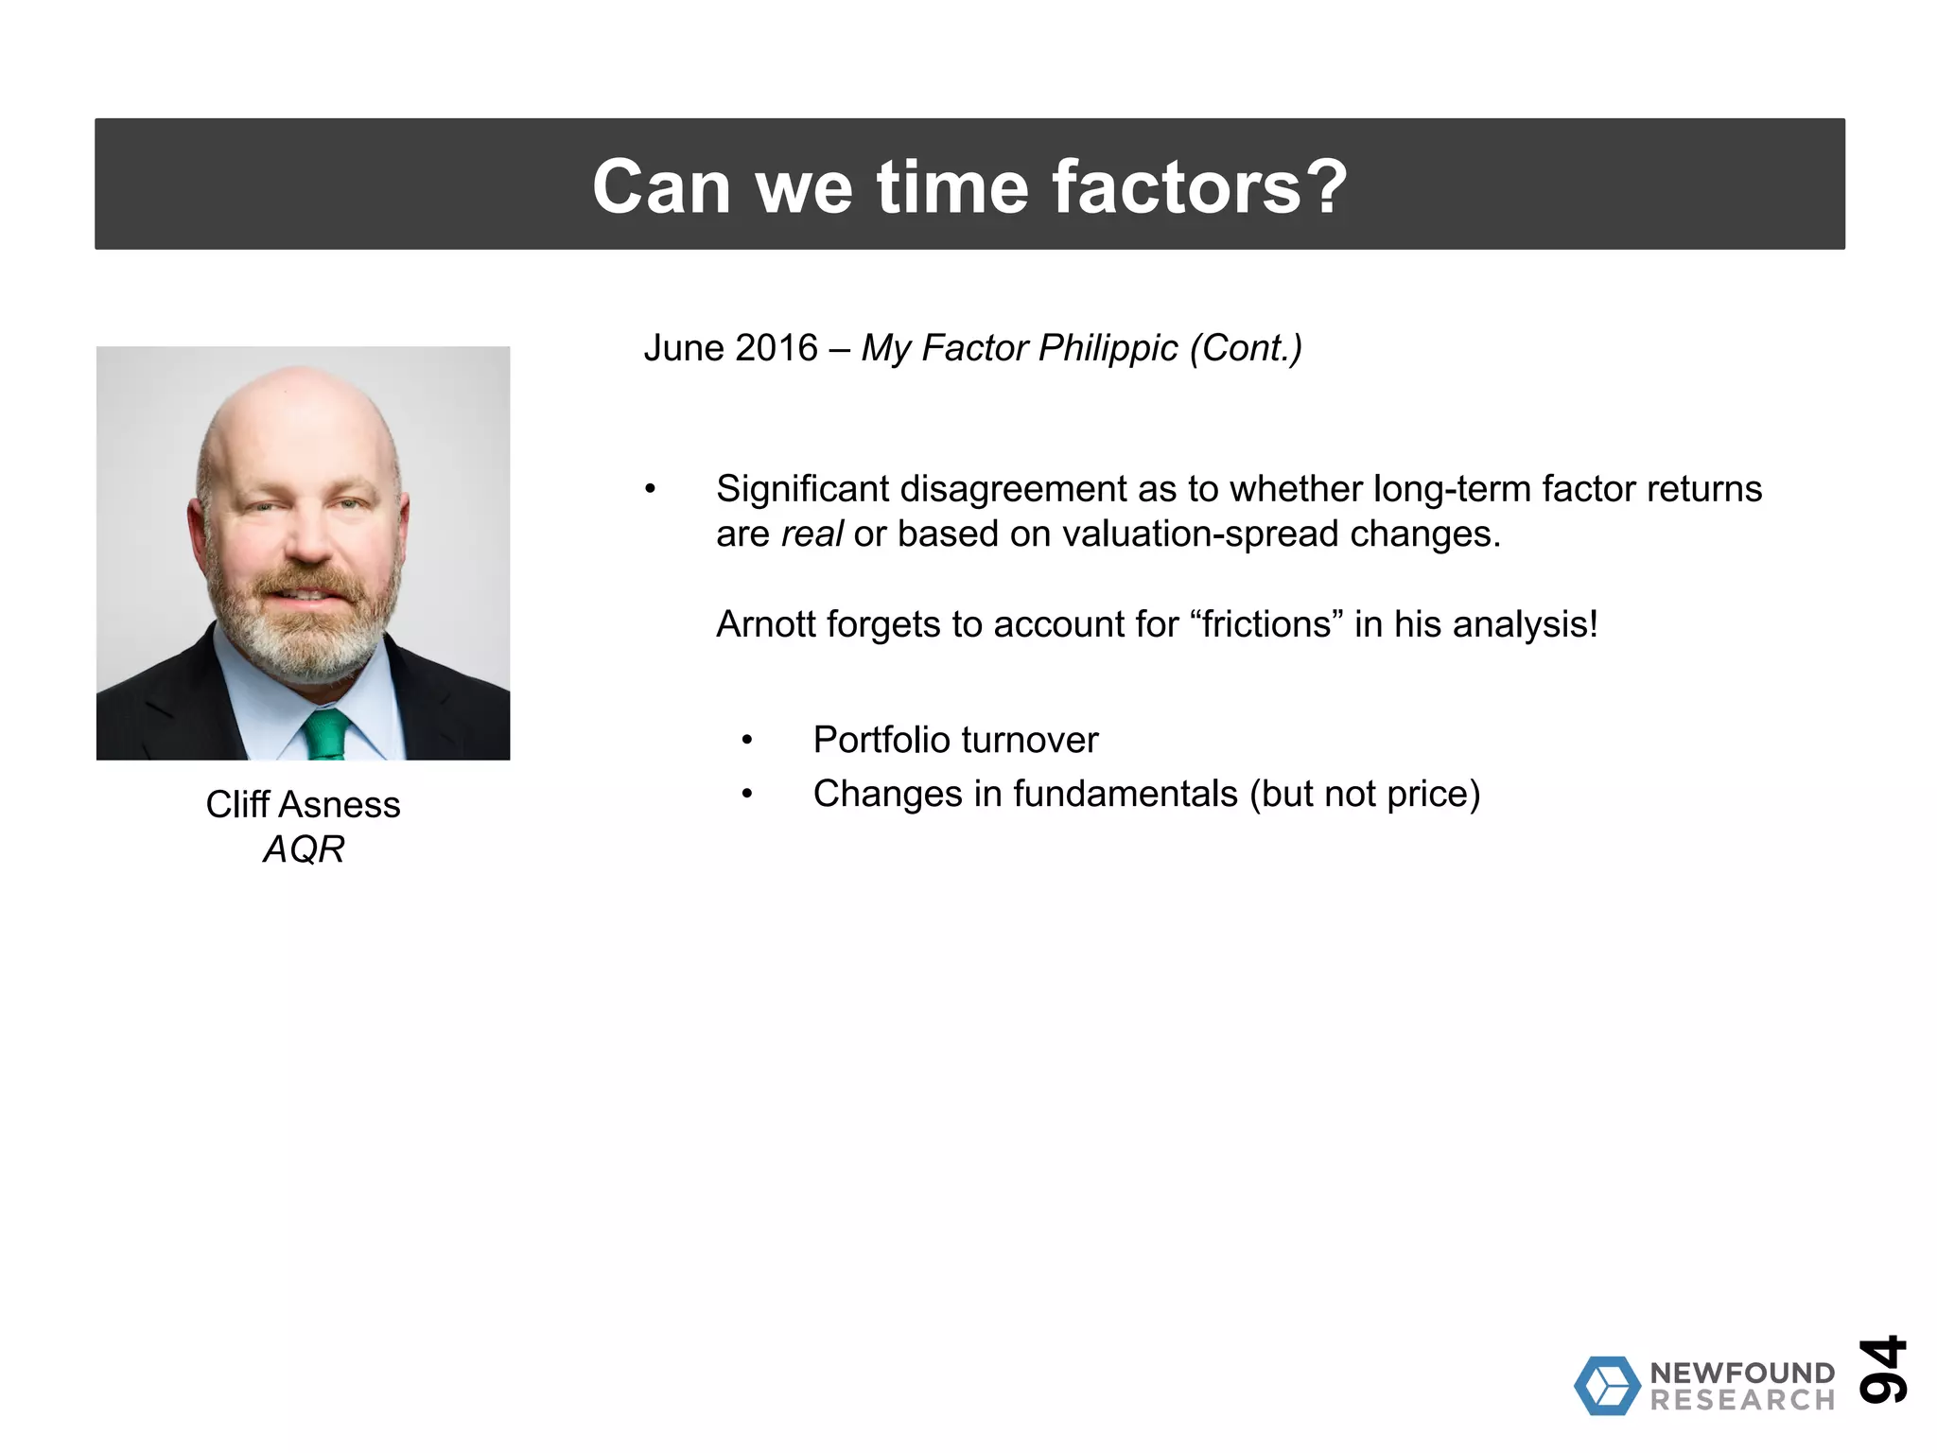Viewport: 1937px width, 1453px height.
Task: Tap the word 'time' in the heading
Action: coord(951,186)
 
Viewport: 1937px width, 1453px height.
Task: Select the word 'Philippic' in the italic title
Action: coord(1108,348)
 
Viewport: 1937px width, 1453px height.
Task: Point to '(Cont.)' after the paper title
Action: coord(1246,348)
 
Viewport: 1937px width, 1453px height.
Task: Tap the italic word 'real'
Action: coord(811,534)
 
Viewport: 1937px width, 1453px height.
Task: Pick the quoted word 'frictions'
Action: coord(1266,624)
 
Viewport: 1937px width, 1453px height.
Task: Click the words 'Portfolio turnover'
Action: coord(955,740)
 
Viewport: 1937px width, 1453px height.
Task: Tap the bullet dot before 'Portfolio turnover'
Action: coord(747,740)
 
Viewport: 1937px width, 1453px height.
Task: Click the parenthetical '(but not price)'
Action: coord(1365,794)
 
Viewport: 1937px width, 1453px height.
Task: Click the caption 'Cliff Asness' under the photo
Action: coord(303,805)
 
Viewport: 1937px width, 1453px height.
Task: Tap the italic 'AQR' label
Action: coord(303,849)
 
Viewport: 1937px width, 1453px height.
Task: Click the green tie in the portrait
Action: coord(327,735)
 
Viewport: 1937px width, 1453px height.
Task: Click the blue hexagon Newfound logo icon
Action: coord(1606,1386)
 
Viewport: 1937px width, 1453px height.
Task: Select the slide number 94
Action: coord(1882,1369)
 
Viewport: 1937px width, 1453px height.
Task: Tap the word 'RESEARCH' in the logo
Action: coord(1742,1400)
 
